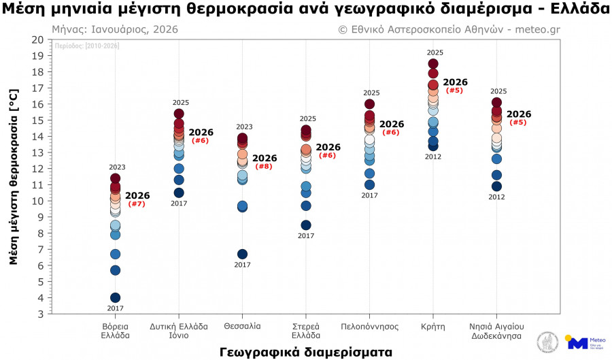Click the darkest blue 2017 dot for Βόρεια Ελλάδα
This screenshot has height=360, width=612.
[x=116, y=297]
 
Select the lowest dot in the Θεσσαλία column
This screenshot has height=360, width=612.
[x=243, y=254]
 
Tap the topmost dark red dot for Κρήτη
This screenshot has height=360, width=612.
[x=433, y=64]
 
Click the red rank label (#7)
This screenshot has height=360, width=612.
[x=137, y=204]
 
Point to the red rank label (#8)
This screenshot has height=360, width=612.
[x=264, y=167]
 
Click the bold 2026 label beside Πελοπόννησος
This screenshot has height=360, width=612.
[x=391, y=125]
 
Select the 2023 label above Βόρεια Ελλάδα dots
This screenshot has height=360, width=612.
[x=117, y=167]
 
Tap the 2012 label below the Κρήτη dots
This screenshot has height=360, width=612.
[x=433, y=157]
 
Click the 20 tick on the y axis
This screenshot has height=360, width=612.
[x=37, y=39]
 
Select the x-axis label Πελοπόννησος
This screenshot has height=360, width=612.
[x=369, y=327]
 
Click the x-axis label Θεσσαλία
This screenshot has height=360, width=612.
[x=242, y=327]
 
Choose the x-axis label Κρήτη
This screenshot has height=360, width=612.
[x=433, y=327]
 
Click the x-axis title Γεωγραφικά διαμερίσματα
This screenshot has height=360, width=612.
[x=306, y=352]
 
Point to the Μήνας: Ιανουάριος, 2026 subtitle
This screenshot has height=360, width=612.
[x=115, y=30]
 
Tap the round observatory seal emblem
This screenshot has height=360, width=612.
[x=547, y=342]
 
